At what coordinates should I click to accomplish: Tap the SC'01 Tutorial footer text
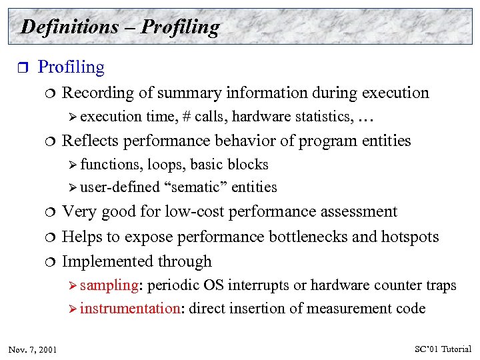point(443,349)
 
